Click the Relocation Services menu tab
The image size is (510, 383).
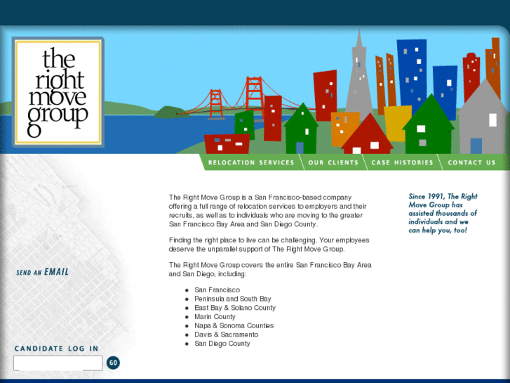pos(251,162)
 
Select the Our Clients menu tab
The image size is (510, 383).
pos(333,162)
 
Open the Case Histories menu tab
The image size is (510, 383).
pos(403,162)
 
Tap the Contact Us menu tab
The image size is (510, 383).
pos(471,162)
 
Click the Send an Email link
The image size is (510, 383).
pos(43,272)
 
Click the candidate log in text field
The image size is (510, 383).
pos(58,363)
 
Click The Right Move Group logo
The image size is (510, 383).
pos(58,91)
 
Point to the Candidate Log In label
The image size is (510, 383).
pos(56,349)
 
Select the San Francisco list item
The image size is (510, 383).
pos(217,290)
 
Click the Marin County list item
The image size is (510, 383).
pos(215,317)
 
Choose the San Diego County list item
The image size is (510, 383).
pos(222,344)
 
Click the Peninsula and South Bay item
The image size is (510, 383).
pos(232,299)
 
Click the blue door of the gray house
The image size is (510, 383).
pos(476,145)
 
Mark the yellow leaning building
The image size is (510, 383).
pos(397,121)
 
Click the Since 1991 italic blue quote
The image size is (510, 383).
pos(443,214)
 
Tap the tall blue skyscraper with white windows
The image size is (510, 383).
pos(412,70)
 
